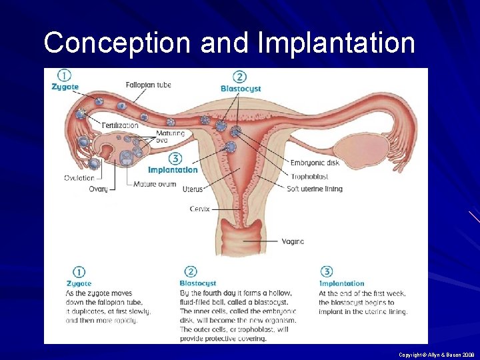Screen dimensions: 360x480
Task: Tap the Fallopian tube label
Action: [x=148, y=85]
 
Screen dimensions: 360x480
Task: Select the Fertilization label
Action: [x=121, y=125]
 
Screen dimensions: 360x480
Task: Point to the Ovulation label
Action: [x=79, y=178]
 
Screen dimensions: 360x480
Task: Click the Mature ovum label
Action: [x=155, y=184]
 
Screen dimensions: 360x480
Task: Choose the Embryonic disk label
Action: [x=315, y=163]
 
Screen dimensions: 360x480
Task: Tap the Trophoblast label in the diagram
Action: [x=309, y=177]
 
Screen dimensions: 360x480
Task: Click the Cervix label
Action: [x=199, y=209]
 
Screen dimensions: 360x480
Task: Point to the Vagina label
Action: [x=293, y=241]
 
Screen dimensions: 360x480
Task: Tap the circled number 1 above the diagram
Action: [x=64, y=75]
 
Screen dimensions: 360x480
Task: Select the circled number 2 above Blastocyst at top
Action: [x=239, y=77]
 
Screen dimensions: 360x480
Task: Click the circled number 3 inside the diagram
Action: [x=175, y=159]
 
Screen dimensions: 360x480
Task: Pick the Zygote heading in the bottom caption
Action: [x=79, y=284]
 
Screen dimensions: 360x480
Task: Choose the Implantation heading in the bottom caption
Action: [x=341, y=283]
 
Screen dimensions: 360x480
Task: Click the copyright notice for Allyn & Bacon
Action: [x=437, y=355]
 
